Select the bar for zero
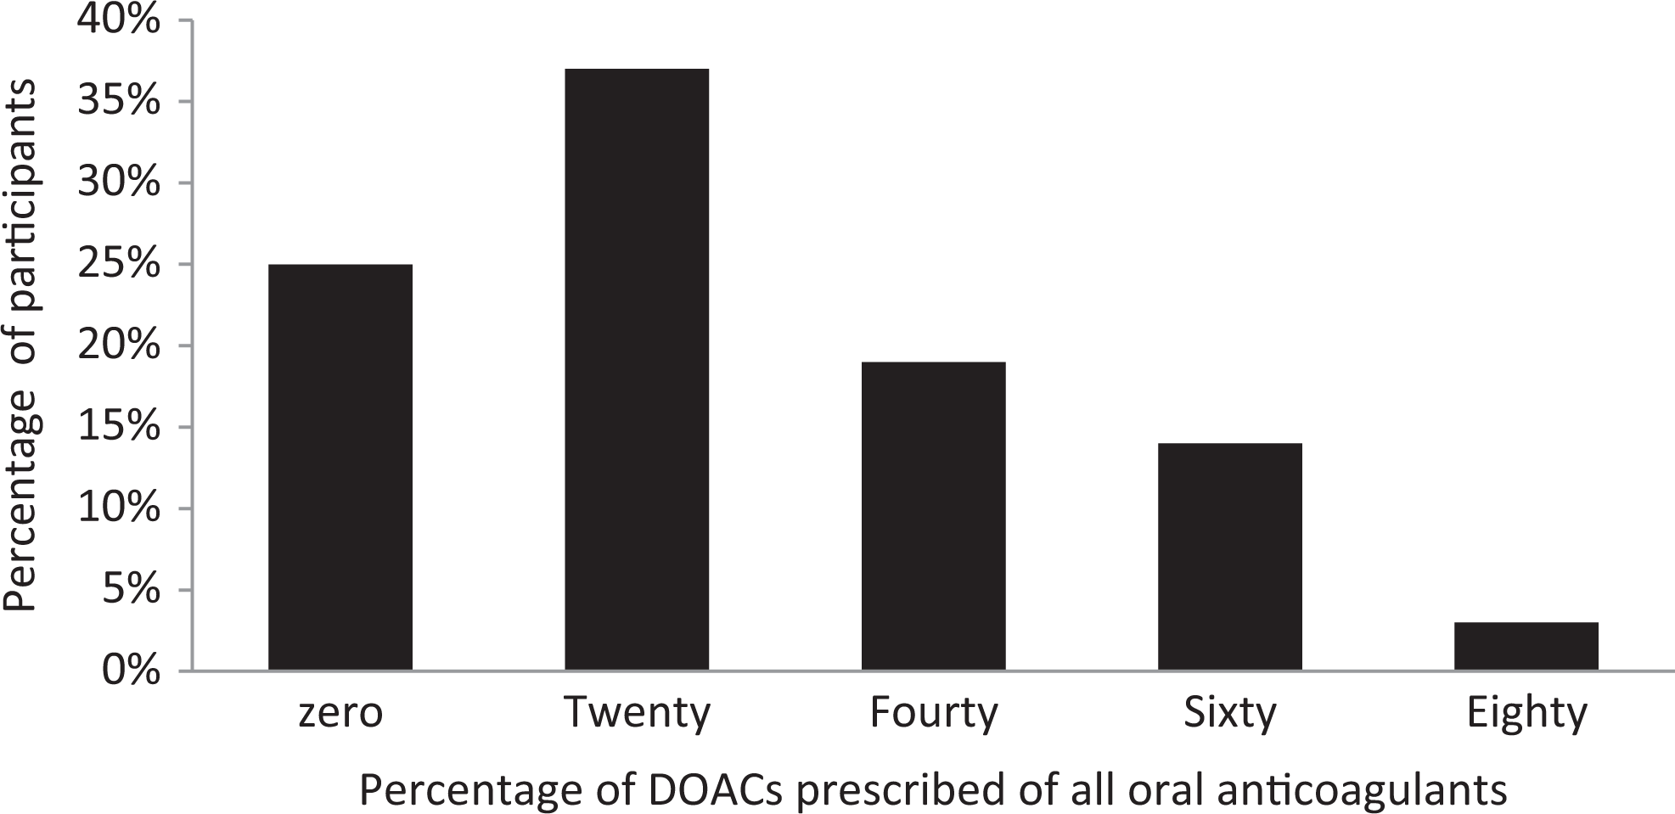[340, 468]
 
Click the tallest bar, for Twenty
[637, 370]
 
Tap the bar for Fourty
[934, 516]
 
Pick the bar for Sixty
[1230, 557]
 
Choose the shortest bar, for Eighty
[1526, 647]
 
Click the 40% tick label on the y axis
[118, 20]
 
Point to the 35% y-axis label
[118, 101]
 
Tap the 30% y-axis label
[118, 182]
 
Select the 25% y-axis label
[118, 264]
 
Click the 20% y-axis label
[118, 345]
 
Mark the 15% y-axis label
[118, 427]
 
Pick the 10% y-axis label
[118, 508]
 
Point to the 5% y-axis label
[131, 590]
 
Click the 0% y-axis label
[131, 671]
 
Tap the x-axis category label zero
[340, 714]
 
